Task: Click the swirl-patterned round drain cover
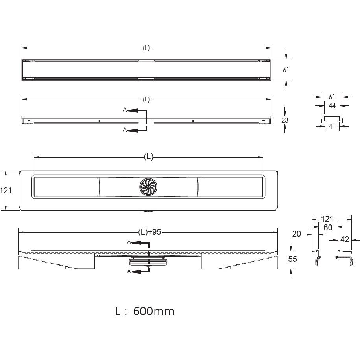148,187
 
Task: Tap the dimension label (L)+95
150,232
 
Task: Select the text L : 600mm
145,311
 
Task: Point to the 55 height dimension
292,259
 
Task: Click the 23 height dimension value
285,120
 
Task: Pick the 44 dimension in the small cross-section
332,105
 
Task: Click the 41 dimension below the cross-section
332,126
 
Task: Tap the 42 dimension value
345,239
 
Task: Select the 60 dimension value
328,227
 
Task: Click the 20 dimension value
297,234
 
